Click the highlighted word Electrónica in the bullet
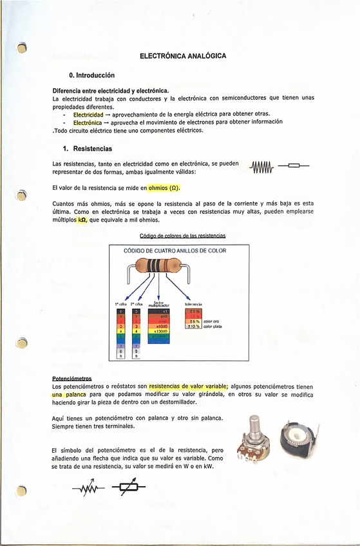[87, 122]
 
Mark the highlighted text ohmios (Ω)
[164, 189]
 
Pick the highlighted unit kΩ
[82, 220]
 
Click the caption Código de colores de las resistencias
[182, 236]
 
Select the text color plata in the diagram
[213, 327]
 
